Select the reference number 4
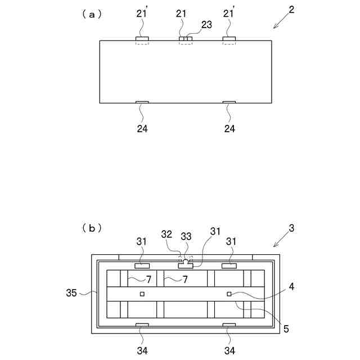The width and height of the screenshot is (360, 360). pos(290,286)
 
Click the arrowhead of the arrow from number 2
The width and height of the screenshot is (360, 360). pos(274,28)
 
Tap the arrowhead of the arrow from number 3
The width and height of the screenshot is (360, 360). pos(274,245)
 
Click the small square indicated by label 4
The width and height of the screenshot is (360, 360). pos(229,294)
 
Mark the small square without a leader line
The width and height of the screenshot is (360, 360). pos(142,294)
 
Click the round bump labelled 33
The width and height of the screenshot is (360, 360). pos(186,262)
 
